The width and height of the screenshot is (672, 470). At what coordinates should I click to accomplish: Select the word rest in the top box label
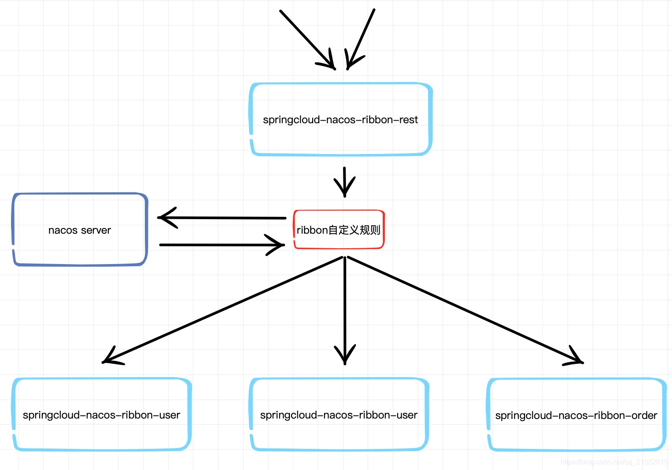point(408,120)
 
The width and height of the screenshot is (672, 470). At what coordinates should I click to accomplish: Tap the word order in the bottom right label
point(644,415)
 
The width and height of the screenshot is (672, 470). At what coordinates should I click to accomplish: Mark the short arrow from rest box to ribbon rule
point(344,181)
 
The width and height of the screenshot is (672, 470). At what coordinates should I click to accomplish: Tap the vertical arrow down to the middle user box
point(345,310)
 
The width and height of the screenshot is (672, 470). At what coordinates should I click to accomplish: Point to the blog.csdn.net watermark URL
point(614,462)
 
